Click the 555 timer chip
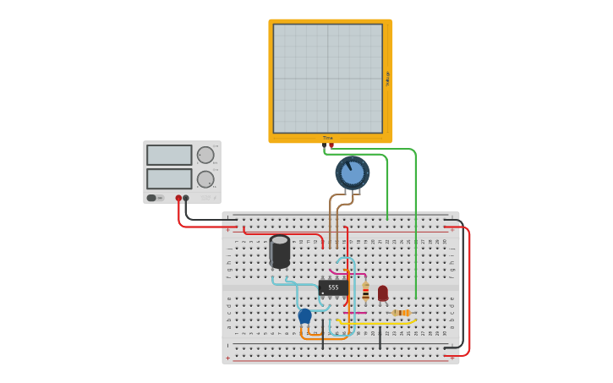(x=333, y=287)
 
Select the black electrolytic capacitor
(x=280, y=251)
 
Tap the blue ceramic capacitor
(x=304, y=315)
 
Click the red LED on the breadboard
(x=383, y=293)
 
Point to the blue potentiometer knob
(x=353, y=172)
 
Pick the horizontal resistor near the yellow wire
(x=402, y=313)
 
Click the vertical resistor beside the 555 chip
(x=365, y=293)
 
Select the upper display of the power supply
(x=169, y=155)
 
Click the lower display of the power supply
(x=169, y=178)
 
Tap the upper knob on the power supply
(x=205, y=155)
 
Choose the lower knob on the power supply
(x=205, y=179)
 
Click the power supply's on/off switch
(x=152, y=198)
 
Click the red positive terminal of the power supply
(x=178, y=198)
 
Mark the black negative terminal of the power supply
(x=186, y=198)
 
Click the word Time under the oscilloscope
(x=328, y=138)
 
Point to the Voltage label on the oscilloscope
(x=388, y=79)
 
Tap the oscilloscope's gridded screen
(x=327, y=78)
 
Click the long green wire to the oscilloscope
(x=416, y=228)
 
